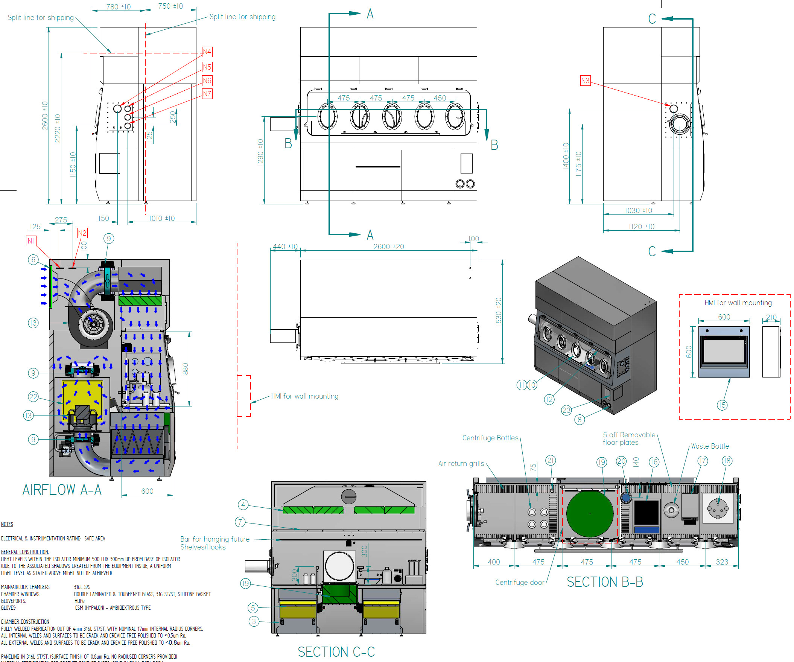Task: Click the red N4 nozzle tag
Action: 207,52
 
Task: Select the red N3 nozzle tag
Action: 585,81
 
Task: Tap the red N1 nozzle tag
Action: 30,241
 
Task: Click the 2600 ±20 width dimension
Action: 388,247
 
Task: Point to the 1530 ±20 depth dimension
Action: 499,312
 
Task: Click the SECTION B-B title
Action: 605,582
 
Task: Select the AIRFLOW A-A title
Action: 62,490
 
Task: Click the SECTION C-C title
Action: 336,652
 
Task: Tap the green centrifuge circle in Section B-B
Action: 589,513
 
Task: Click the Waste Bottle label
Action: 709,446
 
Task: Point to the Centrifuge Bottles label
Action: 490,438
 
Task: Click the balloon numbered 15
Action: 722,405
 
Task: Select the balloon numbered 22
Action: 33,397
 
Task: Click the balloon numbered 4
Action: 243,504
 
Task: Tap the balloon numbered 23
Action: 566,410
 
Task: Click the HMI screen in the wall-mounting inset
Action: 724,351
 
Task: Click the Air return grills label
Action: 461,464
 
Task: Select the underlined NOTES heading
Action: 7,524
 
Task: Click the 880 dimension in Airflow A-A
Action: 185,368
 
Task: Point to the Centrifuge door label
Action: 520,583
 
